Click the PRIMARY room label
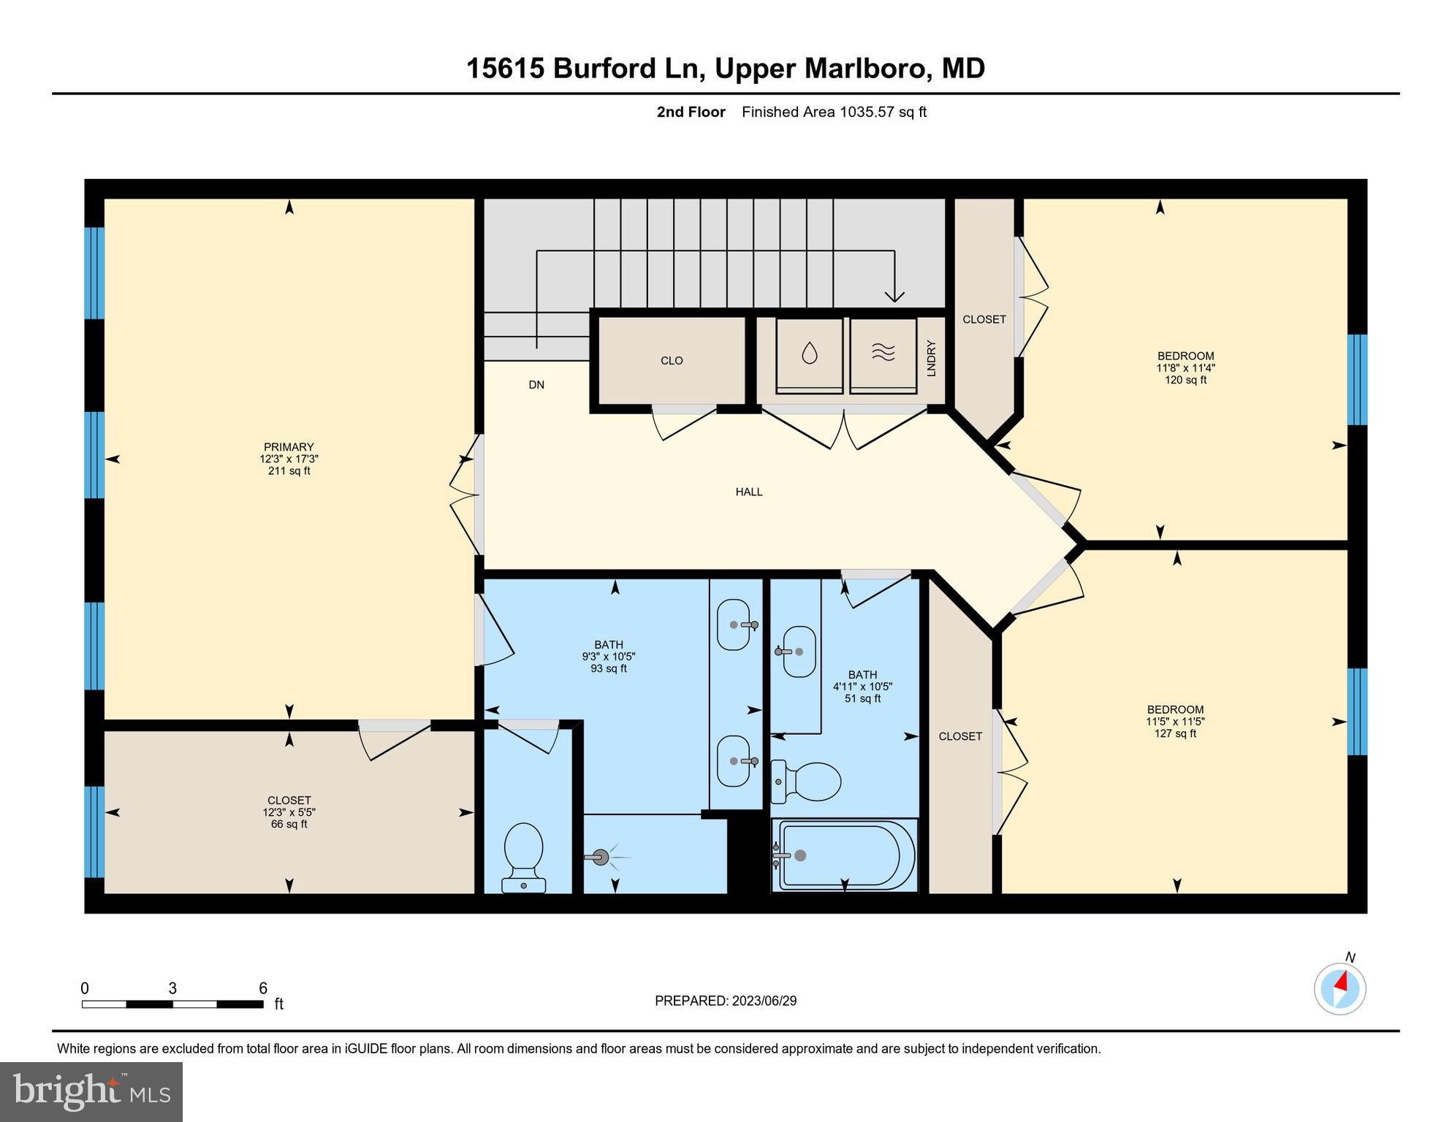point(289,447)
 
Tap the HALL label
point(748,492)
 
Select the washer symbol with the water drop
point(809,354)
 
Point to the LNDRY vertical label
point(931,358)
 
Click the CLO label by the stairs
point(672,361)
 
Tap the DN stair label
point(536,385)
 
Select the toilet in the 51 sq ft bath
point(807,782)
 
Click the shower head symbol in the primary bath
point(601,858)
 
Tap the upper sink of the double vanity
point(734,625)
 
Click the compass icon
point(1339,989)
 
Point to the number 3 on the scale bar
point(172,988)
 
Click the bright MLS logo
point(91,1091)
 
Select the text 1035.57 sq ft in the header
point(883,112)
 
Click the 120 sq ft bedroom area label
point(1185,380)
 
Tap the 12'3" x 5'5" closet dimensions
point(289,812)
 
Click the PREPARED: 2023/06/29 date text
point(725,1001)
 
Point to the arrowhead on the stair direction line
point(894,296)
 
